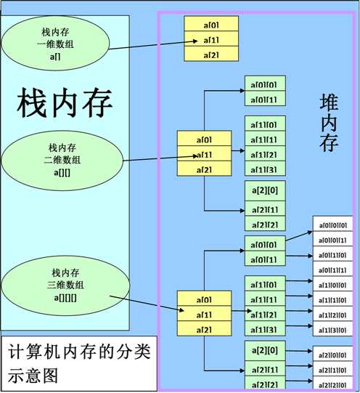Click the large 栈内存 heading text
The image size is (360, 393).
(x=65, y=103)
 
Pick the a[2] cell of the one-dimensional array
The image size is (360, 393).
(x=211, y=54)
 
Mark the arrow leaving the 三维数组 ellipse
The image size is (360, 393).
(x=145, y=304)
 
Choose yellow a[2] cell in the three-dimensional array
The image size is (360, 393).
(x=204, y=330)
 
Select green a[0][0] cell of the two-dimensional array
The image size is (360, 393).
(x=265, y=85)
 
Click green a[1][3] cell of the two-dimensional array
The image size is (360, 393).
(x=265, y=169)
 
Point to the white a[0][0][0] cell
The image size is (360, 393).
(x=335, y=224)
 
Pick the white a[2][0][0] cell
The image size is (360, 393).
(x=335, y=355)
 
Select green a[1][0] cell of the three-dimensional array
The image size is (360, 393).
(x=265, y=284)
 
